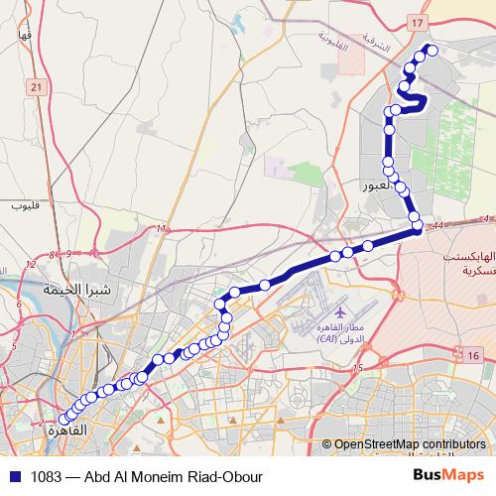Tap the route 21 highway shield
pyautogui.click(x=37, y=88)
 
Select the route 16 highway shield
pyautogui.click(x=473, y=355)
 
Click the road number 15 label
pyautogui.click(x=358, y=368)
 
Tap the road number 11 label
pyautogui.click(x=161, y=229)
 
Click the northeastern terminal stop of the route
pyautogui.click(x=431, y=50)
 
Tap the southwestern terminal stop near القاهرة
pyautogui.click(x=65, y=420)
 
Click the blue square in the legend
pyautogui.click(x=14, y=475)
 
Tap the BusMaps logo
pyautogui.click(x=447, y=474)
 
